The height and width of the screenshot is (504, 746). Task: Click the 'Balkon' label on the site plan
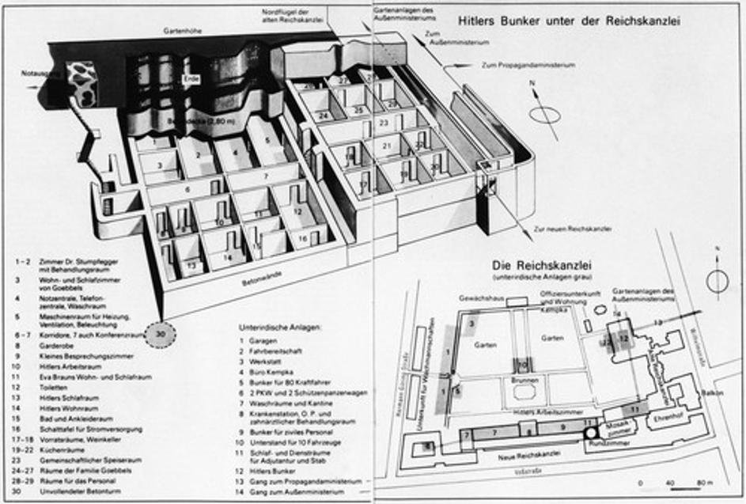coord(713,392)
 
